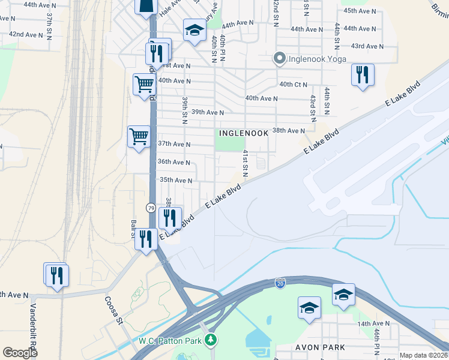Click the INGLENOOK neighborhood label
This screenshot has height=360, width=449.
click(x=243, y=133)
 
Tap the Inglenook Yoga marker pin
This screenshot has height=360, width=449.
click(x=279, y=58)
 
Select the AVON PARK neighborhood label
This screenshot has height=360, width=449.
click(x=320, y=347)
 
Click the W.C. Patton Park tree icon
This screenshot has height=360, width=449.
click(x=210, y=341)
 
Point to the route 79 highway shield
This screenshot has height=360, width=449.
click(x=151, y=208)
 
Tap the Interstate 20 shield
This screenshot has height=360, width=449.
click(x=280, y=282)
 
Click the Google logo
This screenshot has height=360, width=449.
click(x=20, y=353)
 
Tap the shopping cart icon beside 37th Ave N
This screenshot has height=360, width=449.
click(x=139, y=137)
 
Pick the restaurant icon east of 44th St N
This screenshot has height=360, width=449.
click(x=363, y=75)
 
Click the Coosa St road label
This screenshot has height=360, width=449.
click(x=113, y=310)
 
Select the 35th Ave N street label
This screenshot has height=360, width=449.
click(x=175, y=180)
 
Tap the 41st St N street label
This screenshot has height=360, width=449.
click(x=246, y=163)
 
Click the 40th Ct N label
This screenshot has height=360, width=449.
click(x=293, y=84)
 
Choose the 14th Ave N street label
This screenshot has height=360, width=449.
click(x=373, y=323)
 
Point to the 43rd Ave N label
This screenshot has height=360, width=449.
click(x=367, y=46)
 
